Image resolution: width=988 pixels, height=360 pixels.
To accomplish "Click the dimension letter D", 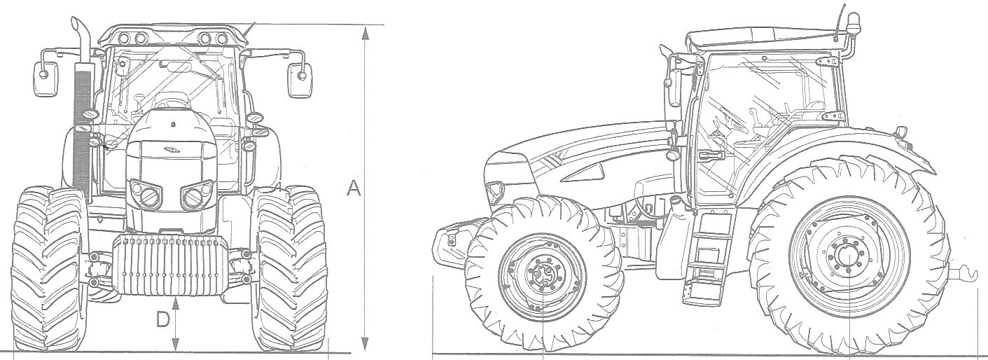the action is (163, 320).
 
